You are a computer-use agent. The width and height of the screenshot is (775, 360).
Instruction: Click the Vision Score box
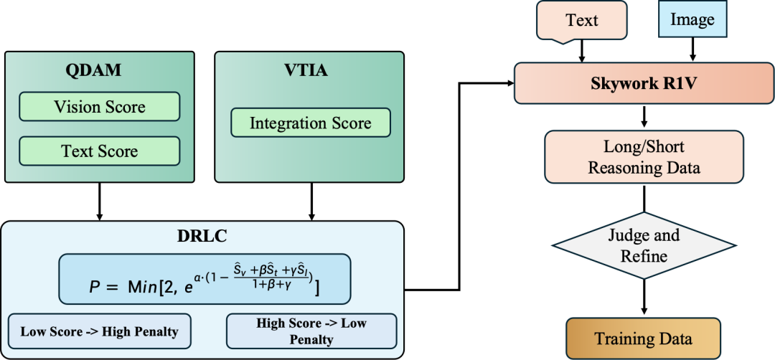click(x=99, y=108)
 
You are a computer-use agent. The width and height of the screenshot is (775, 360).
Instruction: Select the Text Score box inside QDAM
click(x=99, y=151)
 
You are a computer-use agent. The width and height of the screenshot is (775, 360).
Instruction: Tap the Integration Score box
click(x=310, y=123)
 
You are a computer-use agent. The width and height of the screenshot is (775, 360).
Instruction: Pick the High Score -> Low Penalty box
click(x=311, y=331)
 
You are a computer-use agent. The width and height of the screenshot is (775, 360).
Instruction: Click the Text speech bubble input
click(x=581, y=20)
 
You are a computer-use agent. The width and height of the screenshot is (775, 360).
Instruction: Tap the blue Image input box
click(x=692, y=20)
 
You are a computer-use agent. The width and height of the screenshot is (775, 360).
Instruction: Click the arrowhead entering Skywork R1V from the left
click(x=510, y=82)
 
